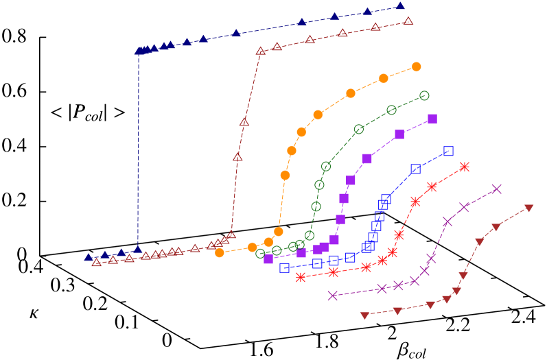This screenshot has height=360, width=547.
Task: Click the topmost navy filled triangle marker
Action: point(401,6)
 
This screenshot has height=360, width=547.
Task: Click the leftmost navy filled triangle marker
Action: point(88,257)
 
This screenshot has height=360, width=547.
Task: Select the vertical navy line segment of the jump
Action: point(139,151)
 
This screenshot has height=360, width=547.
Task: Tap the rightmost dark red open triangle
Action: point(408,21)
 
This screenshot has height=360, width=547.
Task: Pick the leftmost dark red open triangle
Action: point(96,262)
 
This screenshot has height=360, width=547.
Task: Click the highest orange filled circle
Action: point(417,67)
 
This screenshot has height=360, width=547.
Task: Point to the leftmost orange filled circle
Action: point(220,252)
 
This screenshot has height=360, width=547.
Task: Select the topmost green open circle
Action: point(424,95)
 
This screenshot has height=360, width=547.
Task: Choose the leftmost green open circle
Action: point(260,253)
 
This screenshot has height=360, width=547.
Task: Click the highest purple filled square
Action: point(432,119)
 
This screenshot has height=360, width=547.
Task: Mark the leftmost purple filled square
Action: point(268,259)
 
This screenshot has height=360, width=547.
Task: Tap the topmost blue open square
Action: point(448,151)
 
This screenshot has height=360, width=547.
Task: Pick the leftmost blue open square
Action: point(285,267)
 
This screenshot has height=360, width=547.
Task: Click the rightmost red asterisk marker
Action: point(465,167)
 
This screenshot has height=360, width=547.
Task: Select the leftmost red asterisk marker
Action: point(301,277)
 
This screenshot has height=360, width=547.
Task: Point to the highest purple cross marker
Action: point(497,189)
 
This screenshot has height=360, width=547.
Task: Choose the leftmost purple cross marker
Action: point(333,296)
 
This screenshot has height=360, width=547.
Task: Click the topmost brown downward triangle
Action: point(529,208)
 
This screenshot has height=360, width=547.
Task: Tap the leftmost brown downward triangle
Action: point(364,315)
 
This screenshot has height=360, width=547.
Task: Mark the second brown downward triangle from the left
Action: point(397,311)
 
